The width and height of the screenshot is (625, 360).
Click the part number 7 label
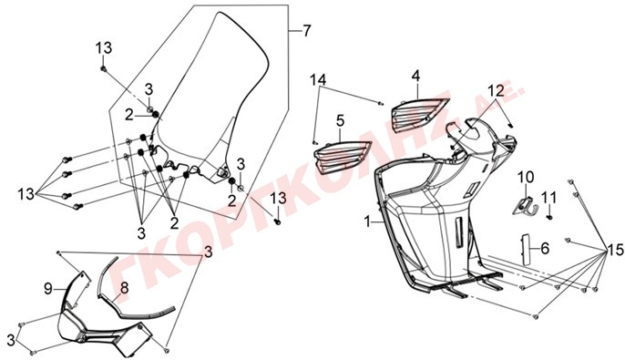306,31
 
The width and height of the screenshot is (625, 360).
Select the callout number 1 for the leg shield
367,221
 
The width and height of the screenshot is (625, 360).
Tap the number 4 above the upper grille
415,77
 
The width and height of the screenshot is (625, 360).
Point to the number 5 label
340,121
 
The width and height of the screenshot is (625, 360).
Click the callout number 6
545,249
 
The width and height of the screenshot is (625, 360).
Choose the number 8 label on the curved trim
124,287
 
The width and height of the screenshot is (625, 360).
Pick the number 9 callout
47,289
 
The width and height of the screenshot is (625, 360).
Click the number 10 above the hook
525,177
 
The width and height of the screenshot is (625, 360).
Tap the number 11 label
548,197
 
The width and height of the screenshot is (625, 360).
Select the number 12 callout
497,91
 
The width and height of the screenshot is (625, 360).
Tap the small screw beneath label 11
549,218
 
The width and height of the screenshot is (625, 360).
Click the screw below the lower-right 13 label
278,221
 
